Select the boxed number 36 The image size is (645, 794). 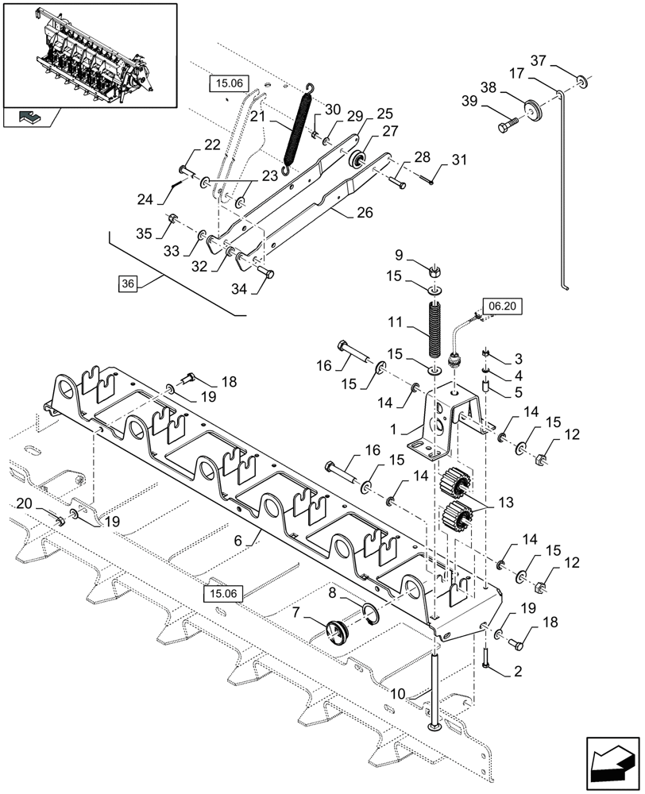128,283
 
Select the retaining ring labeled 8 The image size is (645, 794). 370,612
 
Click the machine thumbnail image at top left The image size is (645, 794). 89,54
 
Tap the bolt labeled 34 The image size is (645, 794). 269,273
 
